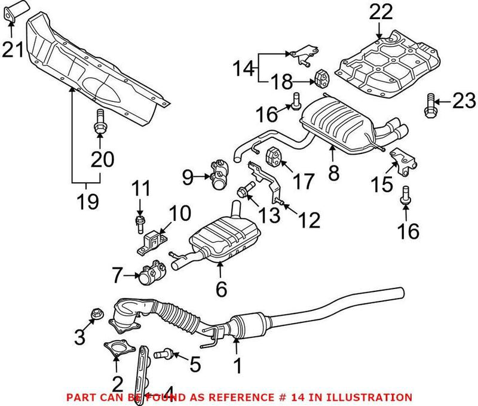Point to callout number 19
(87, 201)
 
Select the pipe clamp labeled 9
(217, 176)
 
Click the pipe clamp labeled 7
(149, 275)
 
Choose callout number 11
(139, 190)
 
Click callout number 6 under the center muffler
(221, 290)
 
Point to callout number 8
(333, 173)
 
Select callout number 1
(238, 366)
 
